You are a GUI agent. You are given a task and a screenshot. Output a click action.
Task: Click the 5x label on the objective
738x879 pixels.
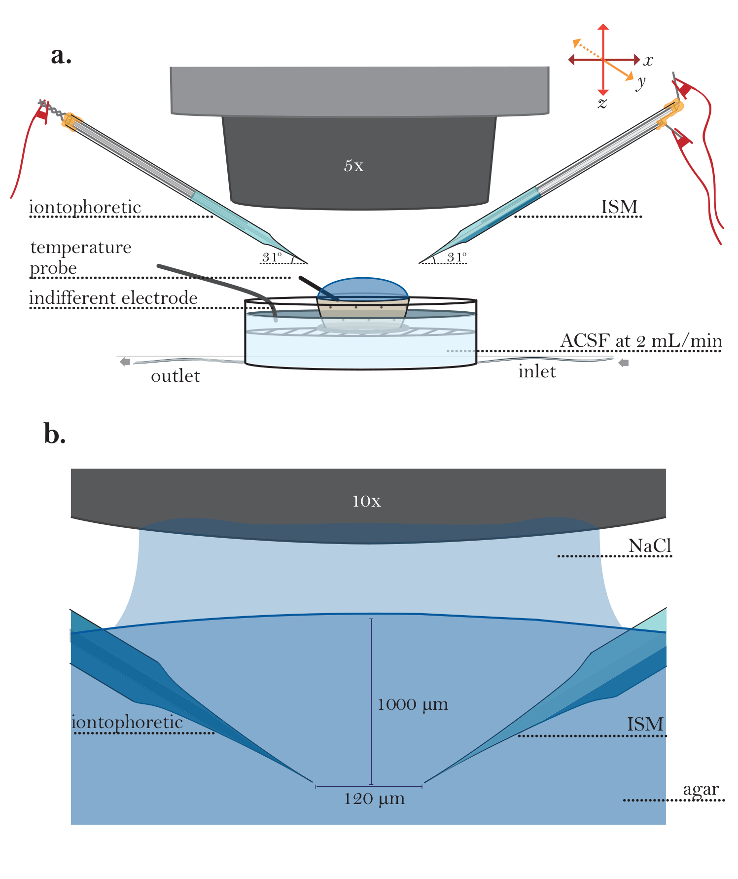tap(354, 166)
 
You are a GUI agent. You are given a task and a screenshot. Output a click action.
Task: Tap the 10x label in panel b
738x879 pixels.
tap(366, 501)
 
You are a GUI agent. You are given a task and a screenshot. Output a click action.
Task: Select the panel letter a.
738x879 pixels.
tap(61, 56)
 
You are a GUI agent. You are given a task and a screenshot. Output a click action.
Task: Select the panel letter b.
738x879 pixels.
tap(55, 434)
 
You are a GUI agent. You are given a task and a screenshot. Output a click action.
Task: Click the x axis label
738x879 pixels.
tap(648, 61)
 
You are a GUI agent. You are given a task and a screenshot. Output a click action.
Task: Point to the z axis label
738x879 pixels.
tap(602, 103)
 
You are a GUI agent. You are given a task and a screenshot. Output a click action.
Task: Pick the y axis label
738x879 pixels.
tap(640, 82)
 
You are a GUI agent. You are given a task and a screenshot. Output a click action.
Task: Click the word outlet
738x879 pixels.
tap(176, 376)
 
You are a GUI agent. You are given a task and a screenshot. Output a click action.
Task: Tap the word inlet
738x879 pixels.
tap(537, 371)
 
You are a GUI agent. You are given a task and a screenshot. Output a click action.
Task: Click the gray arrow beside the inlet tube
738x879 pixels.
tap(624, 363)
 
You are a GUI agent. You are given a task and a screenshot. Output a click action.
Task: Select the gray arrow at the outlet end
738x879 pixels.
tap(125, 362)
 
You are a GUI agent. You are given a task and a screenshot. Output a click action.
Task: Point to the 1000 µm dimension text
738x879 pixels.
tap(413, 705)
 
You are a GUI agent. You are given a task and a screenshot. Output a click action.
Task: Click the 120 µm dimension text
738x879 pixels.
tap(374, 799)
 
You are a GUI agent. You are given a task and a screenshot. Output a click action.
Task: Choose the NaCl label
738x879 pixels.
tap(650, 546)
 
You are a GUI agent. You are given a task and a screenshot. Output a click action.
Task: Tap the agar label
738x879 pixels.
tap(701, 790)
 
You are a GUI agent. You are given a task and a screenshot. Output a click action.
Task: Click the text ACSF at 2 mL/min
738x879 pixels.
tap(641, 341)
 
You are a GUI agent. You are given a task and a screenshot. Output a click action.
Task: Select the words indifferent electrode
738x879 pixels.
tap(113, 298)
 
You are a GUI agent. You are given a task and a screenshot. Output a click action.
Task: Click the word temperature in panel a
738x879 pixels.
tap(81, 247)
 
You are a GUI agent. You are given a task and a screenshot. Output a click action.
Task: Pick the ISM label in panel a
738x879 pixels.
tap(620, 207)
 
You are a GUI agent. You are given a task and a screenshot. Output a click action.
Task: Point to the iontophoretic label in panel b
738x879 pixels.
tap(127, 723)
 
